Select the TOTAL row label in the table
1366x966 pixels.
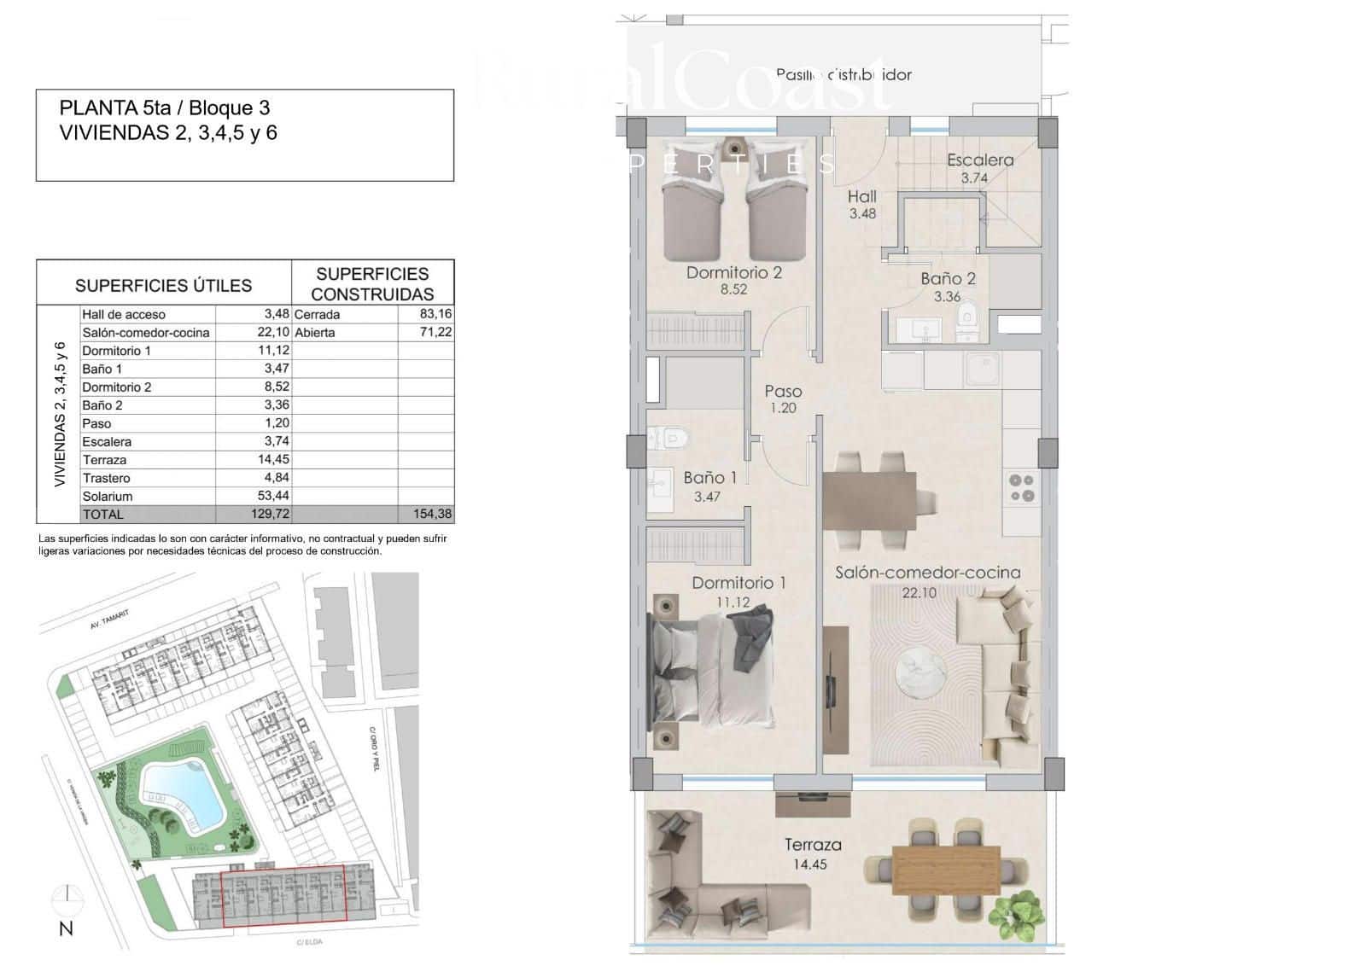103,515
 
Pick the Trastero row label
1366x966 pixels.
107,478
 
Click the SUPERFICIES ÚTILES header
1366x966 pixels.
163,286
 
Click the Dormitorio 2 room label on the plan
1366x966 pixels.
734,273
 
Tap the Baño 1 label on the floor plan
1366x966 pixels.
709,478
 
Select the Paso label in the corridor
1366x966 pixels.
783,392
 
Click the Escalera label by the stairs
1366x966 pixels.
980,160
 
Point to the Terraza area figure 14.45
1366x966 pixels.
808,864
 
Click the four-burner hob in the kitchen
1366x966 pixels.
1022,487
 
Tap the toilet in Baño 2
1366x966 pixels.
967,320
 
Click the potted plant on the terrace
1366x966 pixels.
1014,911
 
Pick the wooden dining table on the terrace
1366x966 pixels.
946,870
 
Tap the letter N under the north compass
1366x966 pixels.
66,929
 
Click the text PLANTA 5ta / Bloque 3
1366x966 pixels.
165,108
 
